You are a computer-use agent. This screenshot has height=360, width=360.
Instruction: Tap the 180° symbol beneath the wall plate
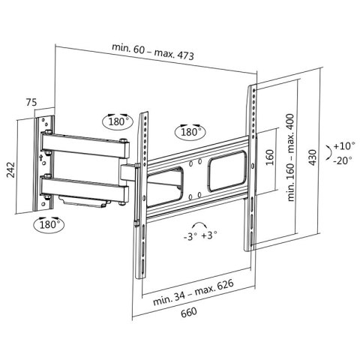click(x=48, y=223)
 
